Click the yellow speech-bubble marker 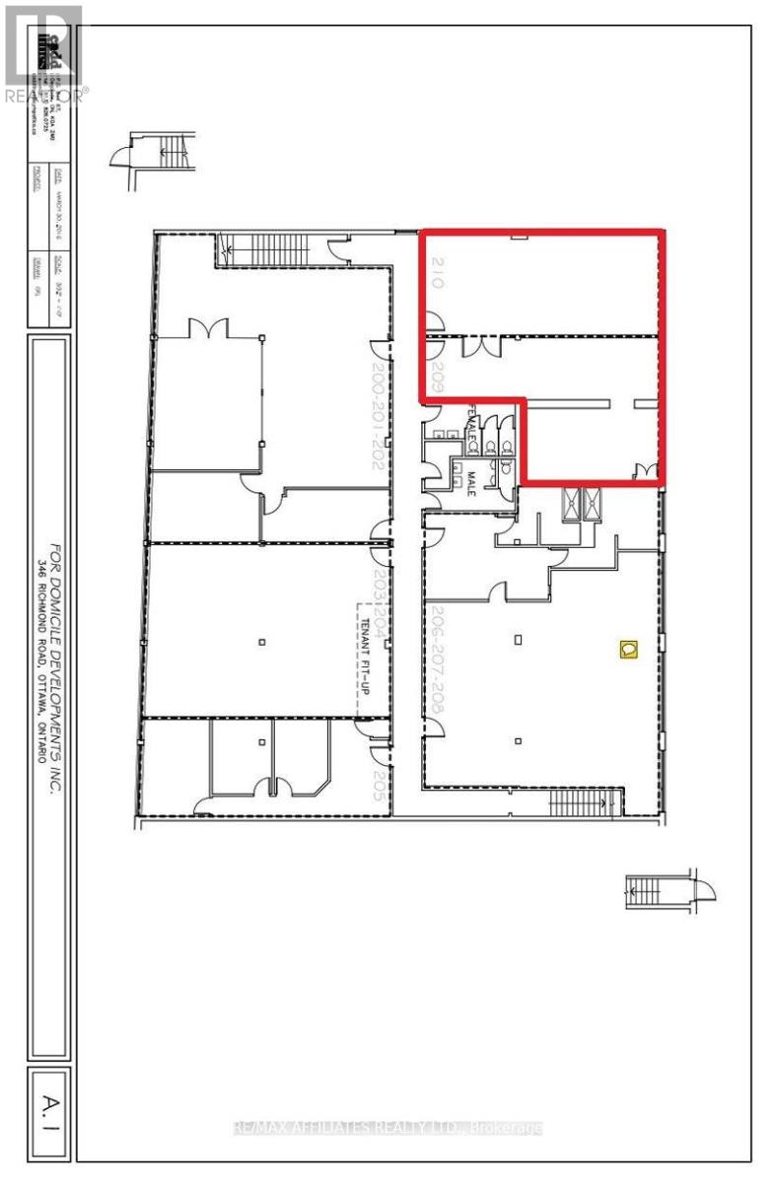[628, 648]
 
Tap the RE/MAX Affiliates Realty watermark [387, 1128]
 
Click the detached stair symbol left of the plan [159, 152]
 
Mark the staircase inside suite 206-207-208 [585, 801]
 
